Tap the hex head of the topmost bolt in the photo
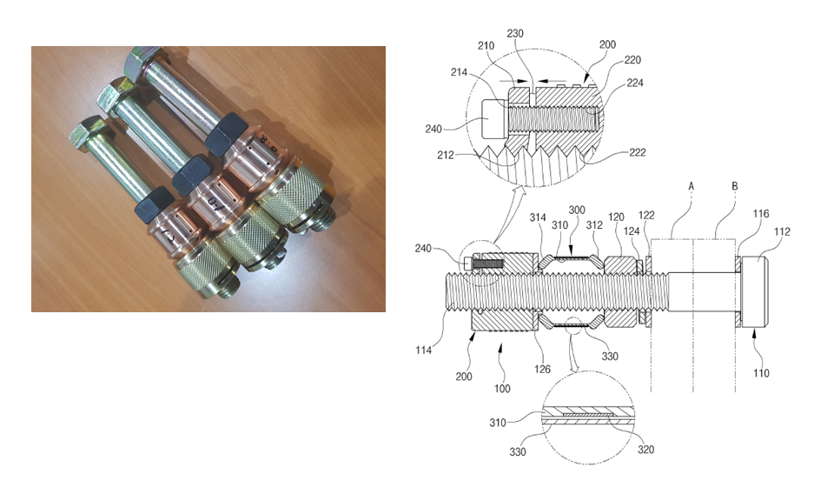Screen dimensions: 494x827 tap(139, 63)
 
